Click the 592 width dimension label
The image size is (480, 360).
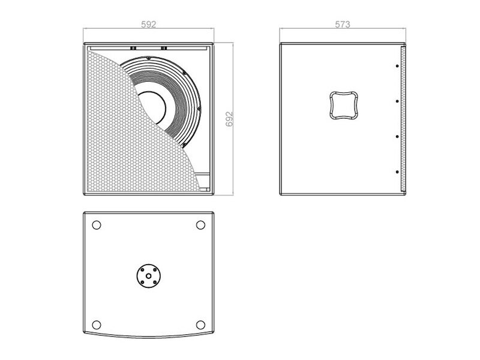coord(148,24)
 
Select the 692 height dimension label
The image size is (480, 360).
coord(229,119)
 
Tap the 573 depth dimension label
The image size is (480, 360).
coord(342,24)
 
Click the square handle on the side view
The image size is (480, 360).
coord(344,105)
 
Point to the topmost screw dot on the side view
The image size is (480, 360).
coord(397,66)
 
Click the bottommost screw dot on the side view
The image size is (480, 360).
coord(397,172)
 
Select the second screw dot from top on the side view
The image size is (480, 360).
coord(397,101)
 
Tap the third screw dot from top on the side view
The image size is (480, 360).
coord(397,137)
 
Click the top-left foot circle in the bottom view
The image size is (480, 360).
coord(97,225)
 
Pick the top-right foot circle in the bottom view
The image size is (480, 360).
coord(200,225)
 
